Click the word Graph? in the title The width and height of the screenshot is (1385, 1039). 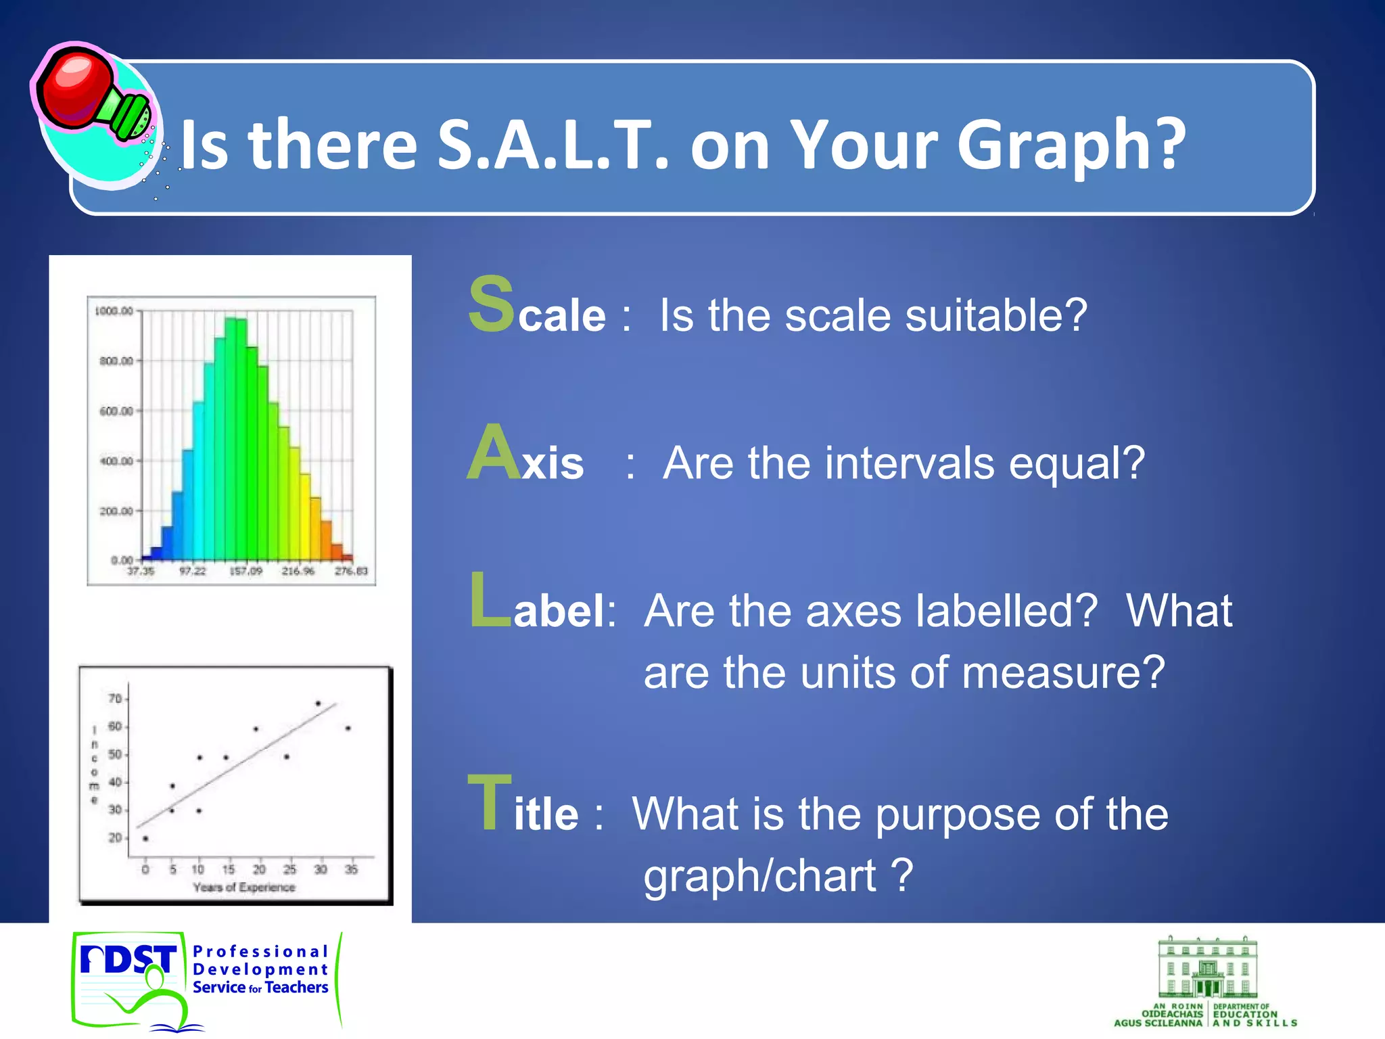(1071, 145)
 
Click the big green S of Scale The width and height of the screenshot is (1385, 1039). (492, 304)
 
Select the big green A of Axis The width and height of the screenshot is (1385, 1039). (494, 453)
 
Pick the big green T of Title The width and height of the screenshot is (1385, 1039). (490, 803)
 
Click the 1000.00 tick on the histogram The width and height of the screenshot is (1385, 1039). (114, 311)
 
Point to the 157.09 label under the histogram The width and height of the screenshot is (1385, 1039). (246, 572)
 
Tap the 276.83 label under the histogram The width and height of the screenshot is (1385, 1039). (351, 572)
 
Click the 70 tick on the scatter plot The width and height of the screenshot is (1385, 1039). (115, 698)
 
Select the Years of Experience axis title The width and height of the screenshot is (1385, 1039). (244, 887)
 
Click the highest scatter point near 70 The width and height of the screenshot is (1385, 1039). (318, 703)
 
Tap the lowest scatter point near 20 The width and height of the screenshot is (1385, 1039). (145, 839)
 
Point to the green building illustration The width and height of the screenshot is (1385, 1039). (1207, 968)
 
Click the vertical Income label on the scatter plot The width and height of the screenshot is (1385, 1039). (94, 764)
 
